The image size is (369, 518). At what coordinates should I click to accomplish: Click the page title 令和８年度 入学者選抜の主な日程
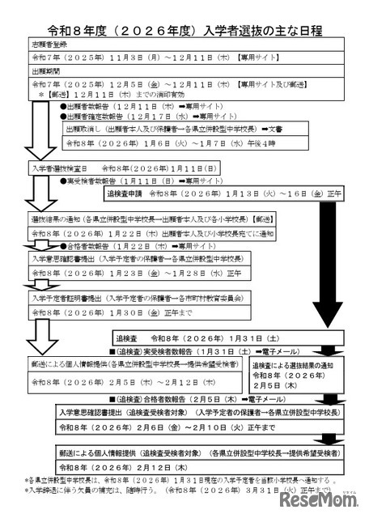pyautogui.click(x=184, y=31)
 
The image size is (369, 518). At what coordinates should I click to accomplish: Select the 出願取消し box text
pyautogui.click(x=194, y=127)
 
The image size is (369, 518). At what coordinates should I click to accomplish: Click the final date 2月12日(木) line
pyautogui.click(x=113, y=467)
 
